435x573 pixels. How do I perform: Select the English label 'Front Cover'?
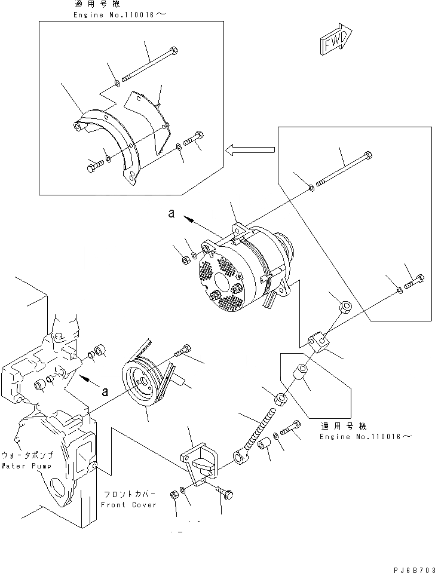[x=128, y=504]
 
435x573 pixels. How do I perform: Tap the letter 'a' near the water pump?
[x=105, y=392]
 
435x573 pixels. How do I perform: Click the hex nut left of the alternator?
[x=185, y=259]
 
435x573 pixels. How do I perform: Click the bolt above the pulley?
[x=183, y=351]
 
